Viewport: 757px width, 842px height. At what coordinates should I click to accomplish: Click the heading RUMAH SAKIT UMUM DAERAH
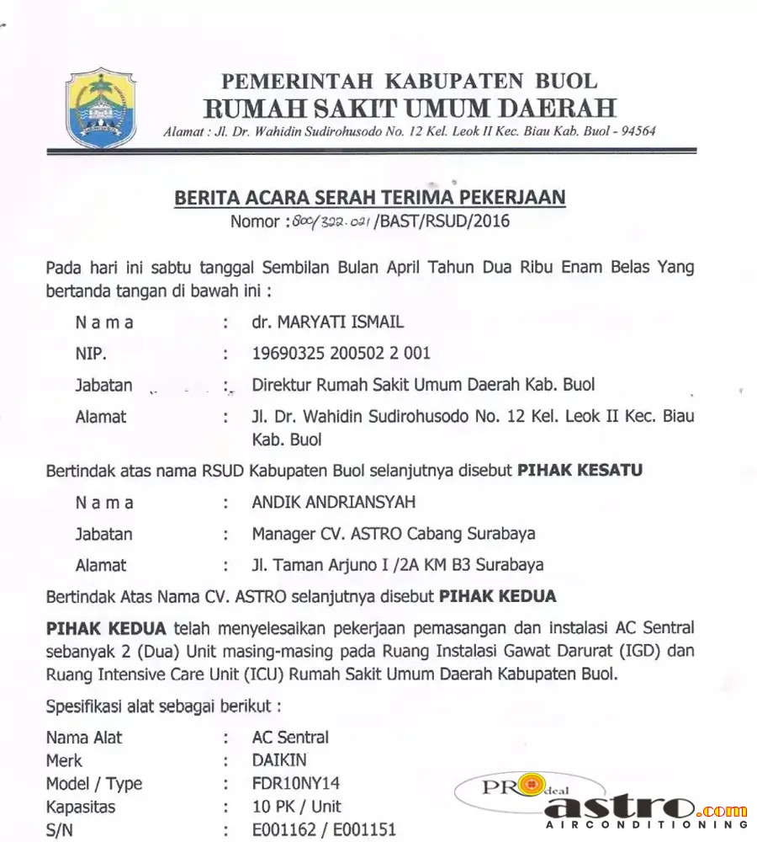click(410, 108)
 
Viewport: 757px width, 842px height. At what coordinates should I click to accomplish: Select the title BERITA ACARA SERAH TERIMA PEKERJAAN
click(369, 198)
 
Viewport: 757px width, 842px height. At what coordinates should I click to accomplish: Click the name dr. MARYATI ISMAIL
click(328, 322)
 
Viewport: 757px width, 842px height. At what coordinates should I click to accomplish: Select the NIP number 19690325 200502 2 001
click(341, 354)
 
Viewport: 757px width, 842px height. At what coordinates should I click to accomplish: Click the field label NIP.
click(91, 354)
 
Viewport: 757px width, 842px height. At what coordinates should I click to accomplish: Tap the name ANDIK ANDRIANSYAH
click(334, 503)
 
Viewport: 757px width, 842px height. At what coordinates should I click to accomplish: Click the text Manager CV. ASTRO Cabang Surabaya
click(394, 534)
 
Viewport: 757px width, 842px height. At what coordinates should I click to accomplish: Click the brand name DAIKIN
click(279, 760)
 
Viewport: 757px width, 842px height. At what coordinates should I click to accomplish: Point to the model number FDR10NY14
click(296, 783)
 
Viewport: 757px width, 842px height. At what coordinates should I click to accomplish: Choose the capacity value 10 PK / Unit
click(297, 806)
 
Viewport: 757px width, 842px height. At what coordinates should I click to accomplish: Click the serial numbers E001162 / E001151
click(324, 829)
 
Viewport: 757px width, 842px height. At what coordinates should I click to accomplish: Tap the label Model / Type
click(94, 783)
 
